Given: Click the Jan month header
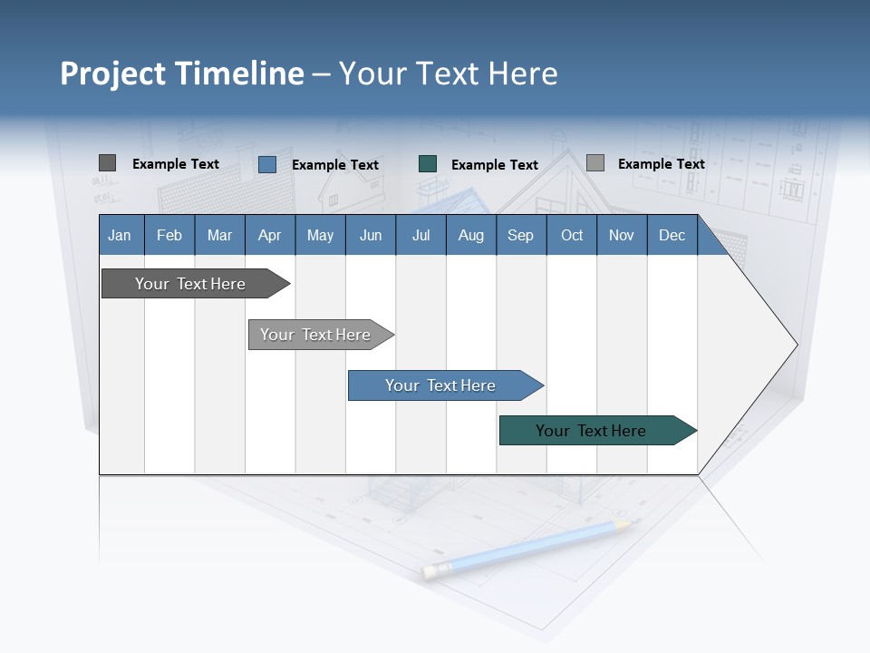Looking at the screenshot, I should [x=121, y=235].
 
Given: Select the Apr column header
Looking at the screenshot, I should [x=270, y=235].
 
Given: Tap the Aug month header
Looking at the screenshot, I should [x=471, y=235].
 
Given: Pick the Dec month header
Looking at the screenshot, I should [x=672, y=235].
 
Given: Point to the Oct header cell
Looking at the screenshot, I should [x=572, y=235].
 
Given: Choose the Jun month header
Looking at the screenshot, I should [x=371, y=235].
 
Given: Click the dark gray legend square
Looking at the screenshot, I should [x=107, y=163].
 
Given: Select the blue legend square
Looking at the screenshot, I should [x=267, y=164].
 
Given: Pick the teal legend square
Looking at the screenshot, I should [x=428, y=164].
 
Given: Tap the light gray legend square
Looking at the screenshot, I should [x=594, y=163].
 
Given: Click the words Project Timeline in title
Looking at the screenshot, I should [x=181, y=73].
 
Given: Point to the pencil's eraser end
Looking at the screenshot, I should [x=430, y=570].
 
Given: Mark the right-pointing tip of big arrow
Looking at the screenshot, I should [x=796, y=345].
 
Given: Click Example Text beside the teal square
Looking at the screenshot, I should [x=494, y=165].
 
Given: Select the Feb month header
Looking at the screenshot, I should [x=169, y=235].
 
